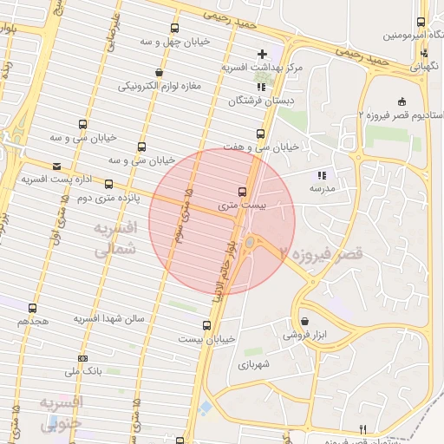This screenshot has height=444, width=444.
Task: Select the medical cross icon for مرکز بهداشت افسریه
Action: [x=262, y=54]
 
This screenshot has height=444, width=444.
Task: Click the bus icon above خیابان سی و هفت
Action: [x=260, y=134]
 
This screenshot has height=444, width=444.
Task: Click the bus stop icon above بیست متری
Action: [x=242, y=192]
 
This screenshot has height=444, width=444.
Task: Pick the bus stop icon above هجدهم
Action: [x=33, y=308]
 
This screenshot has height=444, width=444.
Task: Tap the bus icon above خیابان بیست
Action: [x=206, y=325]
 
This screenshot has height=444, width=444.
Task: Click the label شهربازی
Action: [x=255, y=364]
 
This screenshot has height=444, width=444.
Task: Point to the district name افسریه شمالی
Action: [x=114, y=237]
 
